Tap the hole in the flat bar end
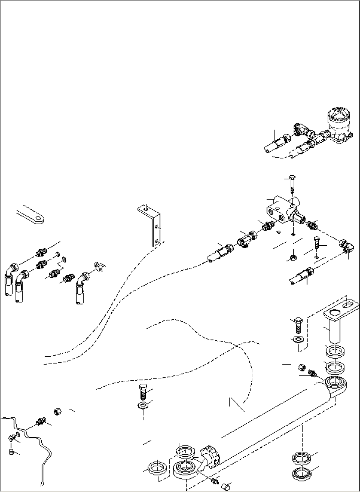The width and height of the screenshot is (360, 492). coord(40,219)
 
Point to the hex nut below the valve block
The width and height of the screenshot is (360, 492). coord(292,258)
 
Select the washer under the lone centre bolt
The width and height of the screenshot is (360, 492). coord(143,405)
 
